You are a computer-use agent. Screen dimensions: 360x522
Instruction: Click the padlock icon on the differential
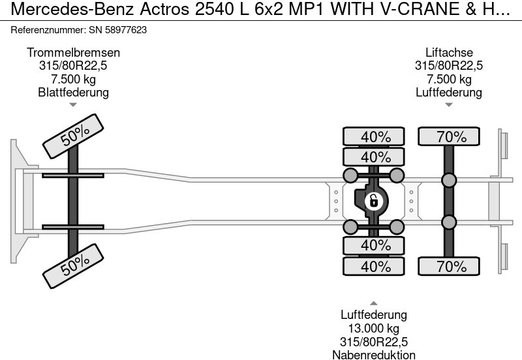point(374,201)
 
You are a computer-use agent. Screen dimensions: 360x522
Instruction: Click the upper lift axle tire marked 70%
point(449,137)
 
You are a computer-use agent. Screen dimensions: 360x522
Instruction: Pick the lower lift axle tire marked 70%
point(449,266)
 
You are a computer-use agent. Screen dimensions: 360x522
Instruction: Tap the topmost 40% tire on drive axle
point(375,137)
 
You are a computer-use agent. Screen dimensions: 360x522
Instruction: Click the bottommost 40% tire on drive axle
point(375,266)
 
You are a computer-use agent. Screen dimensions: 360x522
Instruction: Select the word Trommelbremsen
point(73,52)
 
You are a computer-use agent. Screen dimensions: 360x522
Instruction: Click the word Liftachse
point(449,52)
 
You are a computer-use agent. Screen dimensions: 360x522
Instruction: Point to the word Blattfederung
point(73,92)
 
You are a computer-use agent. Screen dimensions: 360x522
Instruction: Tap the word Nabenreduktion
point(374,354)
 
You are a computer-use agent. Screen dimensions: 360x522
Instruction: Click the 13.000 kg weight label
point(374,328)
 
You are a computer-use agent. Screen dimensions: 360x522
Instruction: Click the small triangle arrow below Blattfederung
point(73,104)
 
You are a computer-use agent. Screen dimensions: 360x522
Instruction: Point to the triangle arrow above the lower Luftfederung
point(374,303)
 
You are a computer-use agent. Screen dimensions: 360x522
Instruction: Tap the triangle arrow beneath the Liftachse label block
point(449,104)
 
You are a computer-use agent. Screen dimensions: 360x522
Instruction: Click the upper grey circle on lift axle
point(449,181)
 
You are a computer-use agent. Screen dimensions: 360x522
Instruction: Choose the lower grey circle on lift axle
point(449,222)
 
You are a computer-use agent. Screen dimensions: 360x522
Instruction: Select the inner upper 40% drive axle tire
point(375,157)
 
